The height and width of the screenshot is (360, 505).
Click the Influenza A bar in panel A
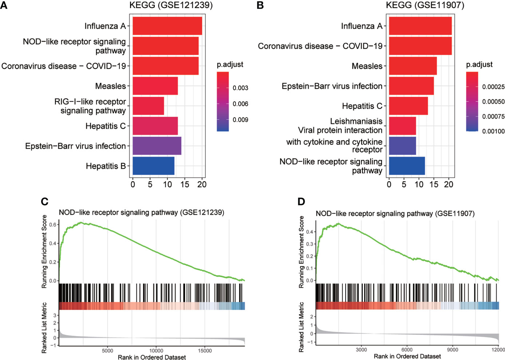click(167, 26)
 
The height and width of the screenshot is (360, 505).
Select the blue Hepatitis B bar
click(154, 166)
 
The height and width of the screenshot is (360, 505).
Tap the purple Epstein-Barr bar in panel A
click(157, 146)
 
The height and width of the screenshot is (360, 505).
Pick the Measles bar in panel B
click(413, 66)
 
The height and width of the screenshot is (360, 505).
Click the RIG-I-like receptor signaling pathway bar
click(148, 106)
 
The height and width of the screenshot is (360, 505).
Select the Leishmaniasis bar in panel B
click(402, 126)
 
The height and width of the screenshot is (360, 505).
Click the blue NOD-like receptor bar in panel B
click(407, 166)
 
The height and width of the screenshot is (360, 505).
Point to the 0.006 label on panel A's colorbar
click(240, 104)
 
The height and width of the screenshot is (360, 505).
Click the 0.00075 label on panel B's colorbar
click(493, 116)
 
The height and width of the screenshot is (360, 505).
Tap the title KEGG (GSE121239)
click(171, 5)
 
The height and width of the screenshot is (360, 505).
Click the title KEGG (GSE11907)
click(425, 5)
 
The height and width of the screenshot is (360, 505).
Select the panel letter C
click(45, 201)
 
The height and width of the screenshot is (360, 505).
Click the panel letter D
click(301, 201)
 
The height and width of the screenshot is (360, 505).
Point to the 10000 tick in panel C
click(156, 351)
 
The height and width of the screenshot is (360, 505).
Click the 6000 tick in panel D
click(407, 350)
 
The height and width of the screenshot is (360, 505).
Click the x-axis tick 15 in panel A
click(185, 184)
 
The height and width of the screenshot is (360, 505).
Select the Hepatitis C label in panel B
click(362, 106)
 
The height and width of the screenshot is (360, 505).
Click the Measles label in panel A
click(110, 86)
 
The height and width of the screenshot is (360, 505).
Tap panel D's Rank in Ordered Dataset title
click(407, 356)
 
